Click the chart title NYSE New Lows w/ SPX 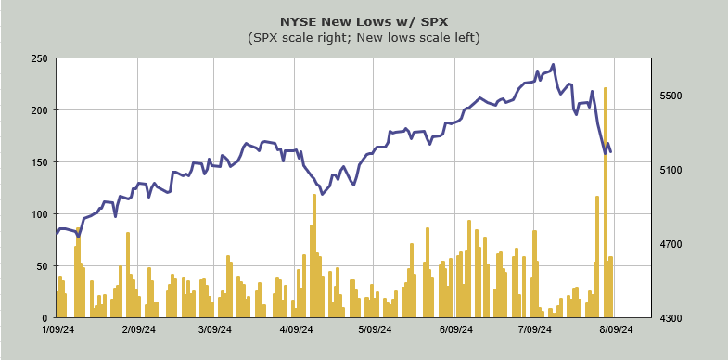pyautogui.click(x=364, y=22)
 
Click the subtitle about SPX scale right pyautogui.click(x=364, y=38)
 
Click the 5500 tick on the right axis pyautogui.click(x=667, y=96)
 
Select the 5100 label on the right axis pyautogui.click(x=667, y=170)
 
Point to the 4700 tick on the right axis pyautogui.click(x=667, y=244)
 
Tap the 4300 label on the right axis pyautogui.click(x=667, y=318)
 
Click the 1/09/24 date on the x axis pyautogui.click(x=58, y=329)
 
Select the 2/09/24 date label pyautogui.click(x=138, y=329)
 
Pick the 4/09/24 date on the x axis pyautogui.click(x=295, y=329)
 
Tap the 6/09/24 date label pyautogui.click(x=456, y=329)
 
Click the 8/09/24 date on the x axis pyautogui.click(x=615, y=329)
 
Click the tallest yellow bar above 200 pyautogui.click(x=606, y=202)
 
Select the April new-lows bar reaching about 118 pyautogui.click(x=314, y=256)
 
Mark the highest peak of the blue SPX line pyautogui.click(x=553, y=65)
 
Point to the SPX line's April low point pyautogui.click(x=322, y=194)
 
